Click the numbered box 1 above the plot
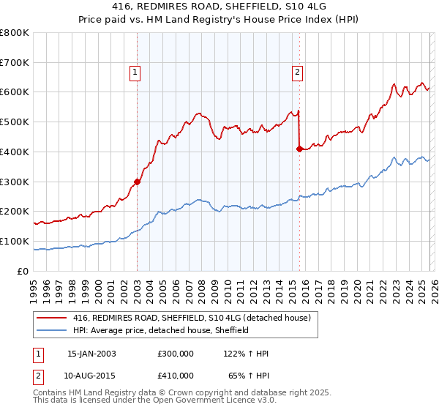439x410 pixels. point(136,72)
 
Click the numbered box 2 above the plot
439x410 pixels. point(298,72)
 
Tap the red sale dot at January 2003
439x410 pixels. point(137,182)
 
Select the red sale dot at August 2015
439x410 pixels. point(299,149)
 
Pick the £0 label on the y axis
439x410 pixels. point(22,272)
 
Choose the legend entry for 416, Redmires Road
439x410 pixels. point(192,318)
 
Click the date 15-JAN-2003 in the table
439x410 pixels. point(91,354)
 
